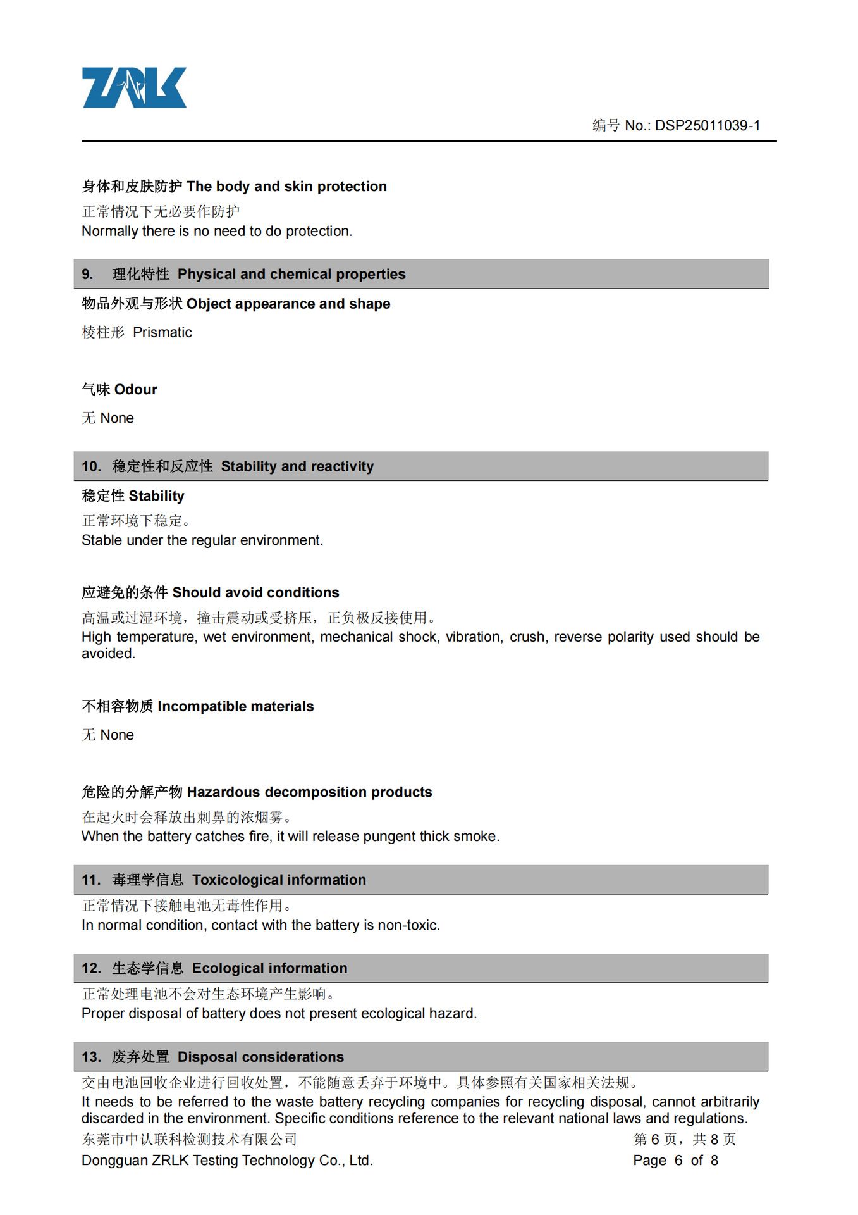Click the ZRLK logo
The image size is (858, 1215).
click(134, 88)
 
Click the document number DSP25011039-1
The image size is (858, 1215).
click(707, 126)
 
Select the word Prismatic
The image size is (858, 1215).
click(162, 333)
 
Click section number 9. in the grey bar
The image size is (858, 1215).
click(87, 275)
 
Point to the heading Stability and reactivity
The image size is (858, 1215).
click(297, 467)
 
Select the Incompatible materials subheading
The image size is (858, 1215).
click(235, 707)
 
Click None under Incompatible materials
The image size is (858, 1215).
click(117, 735)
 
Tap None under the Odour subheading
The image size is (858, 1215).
click(117, 418)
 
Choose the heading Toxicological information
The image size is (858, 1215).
click(279, 880)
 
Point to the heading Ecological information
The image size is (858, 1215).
click(269, 969)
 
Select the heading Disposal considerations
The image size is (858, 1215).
click(260, 1057)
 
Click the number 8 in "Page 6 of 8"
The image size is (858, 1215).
click(714, 1161)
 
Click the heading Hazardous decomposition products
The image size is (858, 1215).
click(309, 792)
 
